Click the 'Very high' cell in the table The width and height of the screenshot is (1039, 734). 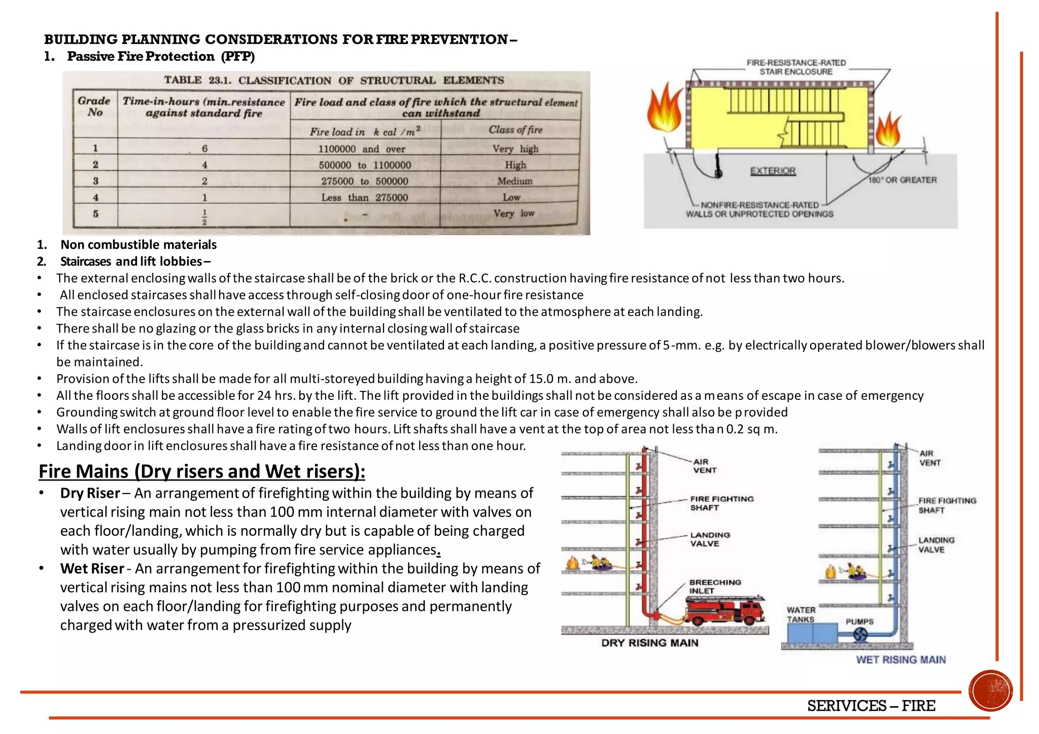tap(515, 149)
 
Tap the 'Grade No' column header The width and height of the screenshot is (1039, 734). tap(94, 106)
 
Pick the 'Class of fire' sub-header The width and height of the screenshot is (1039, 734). tap(515, 130)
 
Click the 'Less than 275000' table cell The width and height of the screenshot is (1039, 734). tap(364, 197)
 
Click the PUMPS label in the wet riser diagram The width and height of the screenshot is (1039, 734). tap(859, 621)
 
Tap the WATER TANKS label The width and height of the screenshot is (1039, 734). tap(801, 614)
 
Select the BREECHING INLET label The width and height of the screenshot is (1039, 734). tap(715, 586)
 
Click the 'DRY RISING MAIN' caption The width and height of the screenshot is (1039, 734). tap(649, 643)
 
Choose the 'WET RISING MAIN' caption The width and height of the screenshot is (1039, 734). tap(901, 659)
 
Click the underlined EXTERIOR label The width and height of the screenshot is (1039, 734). tap(773, 171)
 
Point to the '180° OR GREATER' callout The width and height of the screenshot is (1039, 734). tap(903, 180)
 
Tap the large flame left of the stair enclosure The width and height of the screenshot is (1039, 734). tap(665, 109)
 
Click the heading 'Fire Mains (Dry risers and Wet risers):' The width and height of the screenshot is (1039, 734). tap(201, 471)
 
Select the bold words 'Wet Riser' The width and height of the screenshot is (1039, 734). tap(92, 568)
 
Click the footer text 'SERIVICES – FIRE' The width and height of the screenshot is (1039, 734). tap(871, 706)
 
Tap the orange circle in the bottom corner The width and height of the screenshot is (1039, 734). tap(990, 690)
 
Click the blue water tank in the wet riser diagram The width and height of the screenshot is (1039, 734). tap(812, 633)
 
